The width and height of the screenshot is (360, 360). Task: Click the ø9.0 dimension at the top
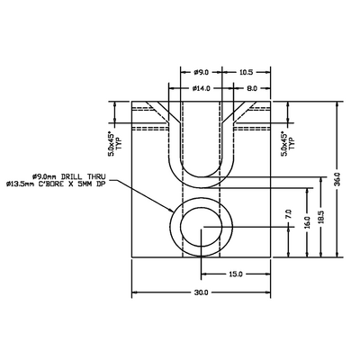pos(201,72)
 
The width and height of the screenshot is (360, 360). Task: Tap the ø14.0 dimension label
pos(201,89)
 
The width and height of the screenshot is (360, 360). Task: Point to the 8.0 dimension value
pos(251,89)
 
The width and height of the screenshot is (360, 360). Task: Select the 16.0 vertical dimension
pos(307,220)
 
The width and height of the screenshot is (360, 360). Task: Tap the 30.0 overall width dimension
pos(201,292)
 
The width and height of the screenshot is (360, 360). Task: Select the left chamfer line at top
pos(155,114)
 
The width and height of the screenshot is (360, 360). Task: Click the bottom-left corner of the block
pos(132,257)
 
